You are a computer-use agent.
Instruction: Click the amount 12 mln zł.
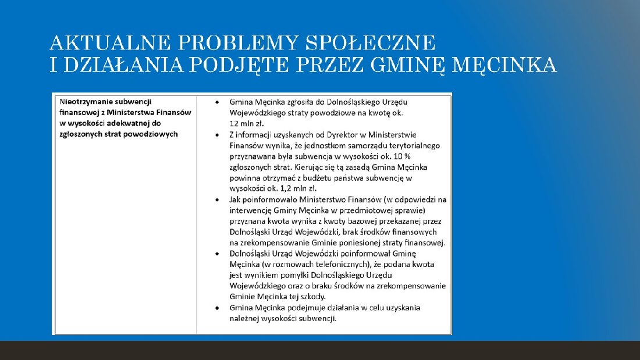247,124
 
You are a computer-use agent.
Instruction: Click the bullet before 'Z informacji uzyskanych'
217,135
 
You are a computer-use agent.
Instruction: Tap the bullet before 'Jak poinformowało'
217,199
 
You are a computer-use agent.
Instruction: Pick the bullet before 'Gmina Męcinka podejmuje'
217,308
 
